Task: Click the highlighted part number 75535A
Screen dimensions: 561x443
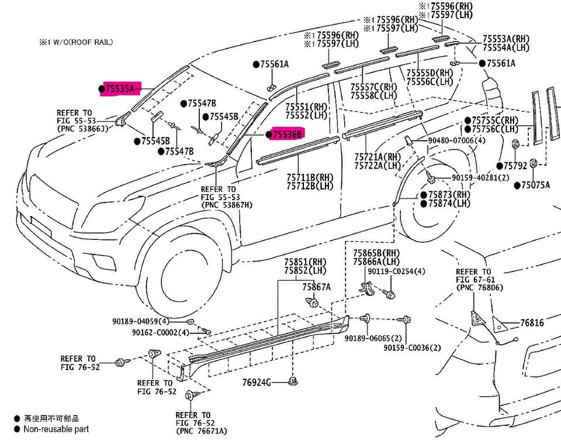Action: (120, 89)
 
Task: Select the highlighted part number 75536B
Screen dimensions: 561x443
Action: (288, 134)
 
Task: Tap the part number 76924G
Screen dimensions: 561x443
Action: (257, 383)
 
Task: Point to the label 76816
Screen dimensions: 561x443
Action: (532, 323)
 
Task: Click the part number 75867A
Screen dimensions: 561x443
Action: (316, 287)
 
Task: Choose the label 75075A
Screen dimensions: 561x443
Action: (535, 185)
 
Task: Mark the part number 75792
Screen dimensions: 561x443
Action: (515, 166)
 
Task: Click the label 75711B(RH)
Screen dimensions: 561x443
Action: (310, 177)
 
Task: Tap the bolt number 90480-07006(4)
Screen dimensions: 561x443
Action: (457, 141)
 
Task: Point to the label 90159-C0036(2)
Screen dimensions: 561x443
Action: (412, 348)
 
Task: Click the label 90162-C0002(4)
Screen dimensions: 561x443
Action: (160, 333)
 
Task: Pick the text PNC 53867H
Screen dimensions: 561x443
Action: (227, 205)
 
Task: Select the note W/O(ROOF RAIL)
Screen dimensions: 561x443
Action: (83, 42)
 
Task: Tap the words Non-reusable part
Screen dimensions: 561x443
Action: (56, 429)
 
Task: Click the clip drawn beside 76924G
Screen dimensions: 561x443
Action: (293, 381)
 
